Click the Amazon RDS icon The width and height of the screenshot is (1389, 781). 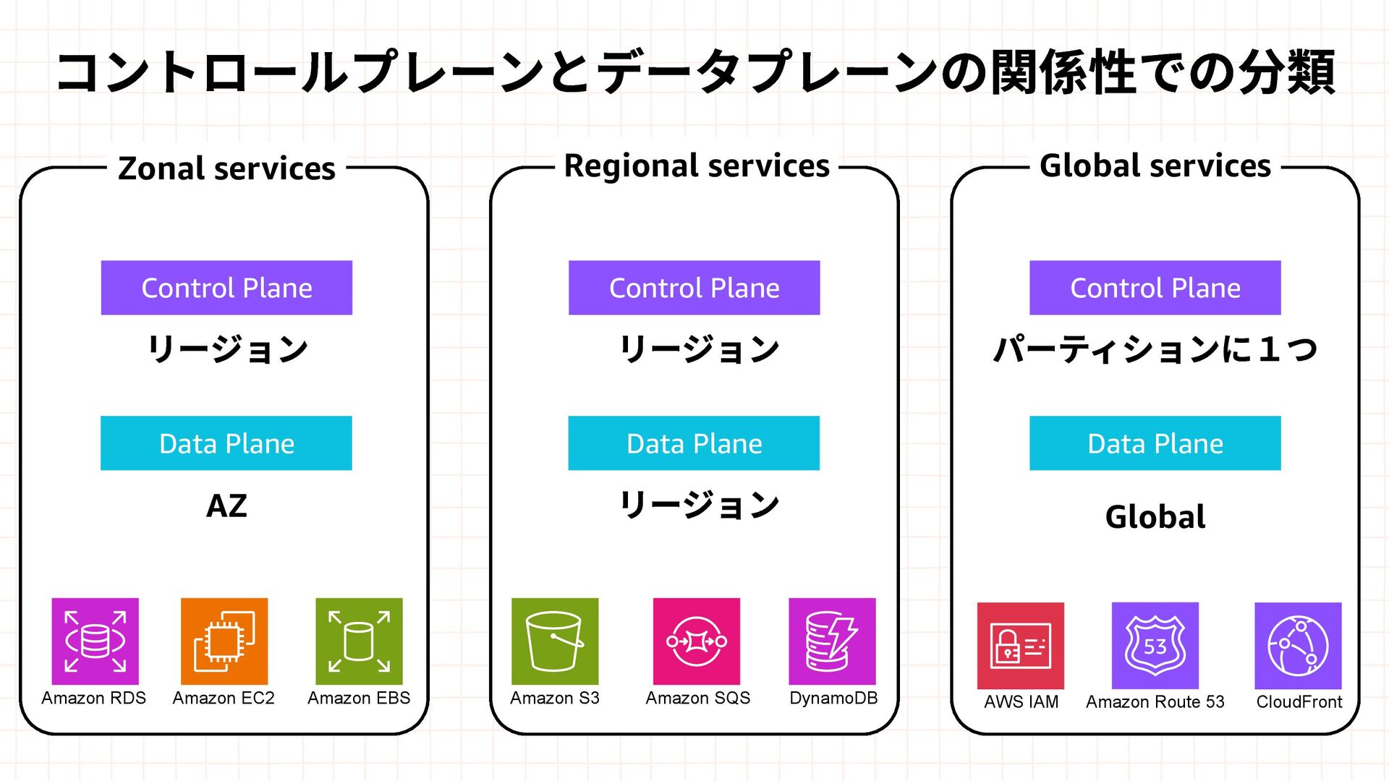[95, 641]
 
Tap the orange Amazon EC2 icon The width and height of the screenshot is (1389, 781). [224, 641]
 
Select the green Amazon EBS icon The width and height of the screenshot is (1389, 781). [359, 641]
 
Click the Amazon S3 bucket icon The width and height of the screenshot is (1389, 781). [555, 641]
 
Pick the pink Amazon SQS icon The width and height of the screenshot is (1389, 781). [696, 641]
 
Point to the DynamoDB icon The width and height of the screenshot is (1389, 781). [832, 641]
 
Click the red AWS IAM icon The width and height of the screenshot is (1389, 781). [1020, 645]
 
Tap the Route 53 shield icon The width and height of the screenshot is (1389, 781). [1155, 645]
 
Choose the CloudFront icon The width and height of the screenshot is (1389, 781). [1298, 645]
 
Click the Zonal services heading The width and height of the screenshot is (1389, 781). [226, 168]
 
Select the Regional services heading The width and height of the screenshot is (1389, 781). [696, 166]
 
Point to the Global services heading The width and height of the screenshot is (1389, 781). [1155, 166]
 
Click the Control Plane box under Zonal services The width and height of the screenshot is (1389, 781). [226, 288]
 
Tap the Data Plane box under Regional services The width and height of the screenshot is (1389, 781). [694, 443]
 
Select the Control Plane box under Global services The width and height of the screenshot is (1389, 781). [1155, 288]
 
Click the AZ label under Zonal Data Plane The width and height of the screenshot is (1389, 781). [226, 505]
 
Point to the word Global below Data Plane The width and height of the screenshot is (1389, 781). [1155, 517]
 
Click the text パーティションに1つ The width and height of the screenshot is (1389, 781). [1155, 350]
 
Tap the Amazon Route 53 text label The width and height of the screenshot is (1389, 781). [1155, 701]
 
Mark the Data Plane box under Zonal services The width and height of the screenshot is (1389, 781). [226, 443]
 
